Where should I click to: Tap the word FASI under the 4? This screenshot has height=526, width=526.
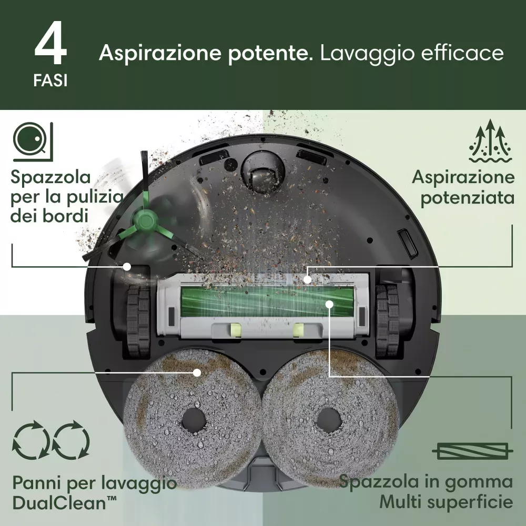pyautogui.click(x=50, y=80)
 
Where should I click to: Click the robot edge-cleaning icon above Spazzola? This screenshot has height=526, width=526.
pyautogui.click(x=33, y=142)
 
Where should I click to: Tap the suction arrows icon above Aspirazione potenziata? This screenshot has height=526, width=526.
pyautogui.click(x=490, y=140)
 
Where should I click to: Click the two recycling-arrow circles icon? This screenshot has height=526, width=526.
pyautogui.click(x=51, y=440)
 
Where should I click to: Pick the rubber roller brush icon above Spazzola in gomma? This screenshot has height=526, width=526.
pyautogui.click(x=472, y=451)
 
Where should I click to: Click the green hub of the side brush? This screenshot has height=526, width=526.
pyautogui.click(x=145, y=220)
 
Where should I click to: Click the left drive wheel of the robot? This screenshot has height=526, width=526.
pyautogui.click(x=138, y=321)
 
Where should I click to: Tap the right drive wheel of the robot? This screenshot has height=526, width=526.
pyautogui.click(x=388, y=321)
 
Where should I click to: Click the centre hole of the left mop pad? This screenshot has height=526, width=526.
pyautogui.click(x=194, y=420)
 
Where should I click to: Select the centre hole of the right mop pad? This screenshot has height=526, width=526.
pyautogui.click(x=329, y=420)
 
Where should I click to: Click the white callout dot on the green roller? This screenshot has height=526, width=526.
pyautogui.click(x=329, y=304)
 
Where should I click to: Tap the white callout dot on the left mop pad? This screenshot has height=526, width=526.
pyautogui.click(x=197, y=372)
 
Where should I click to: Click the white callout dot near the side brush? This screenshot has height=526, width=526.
pyautogui.click(x=127, y=267)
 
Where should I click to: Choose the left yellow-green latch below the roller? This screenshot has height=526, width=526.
pyautogui.click(x=234, y=330)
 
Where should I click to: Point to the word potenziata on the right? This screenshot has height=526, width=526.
pyautogui.click(x=467, y=198)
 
